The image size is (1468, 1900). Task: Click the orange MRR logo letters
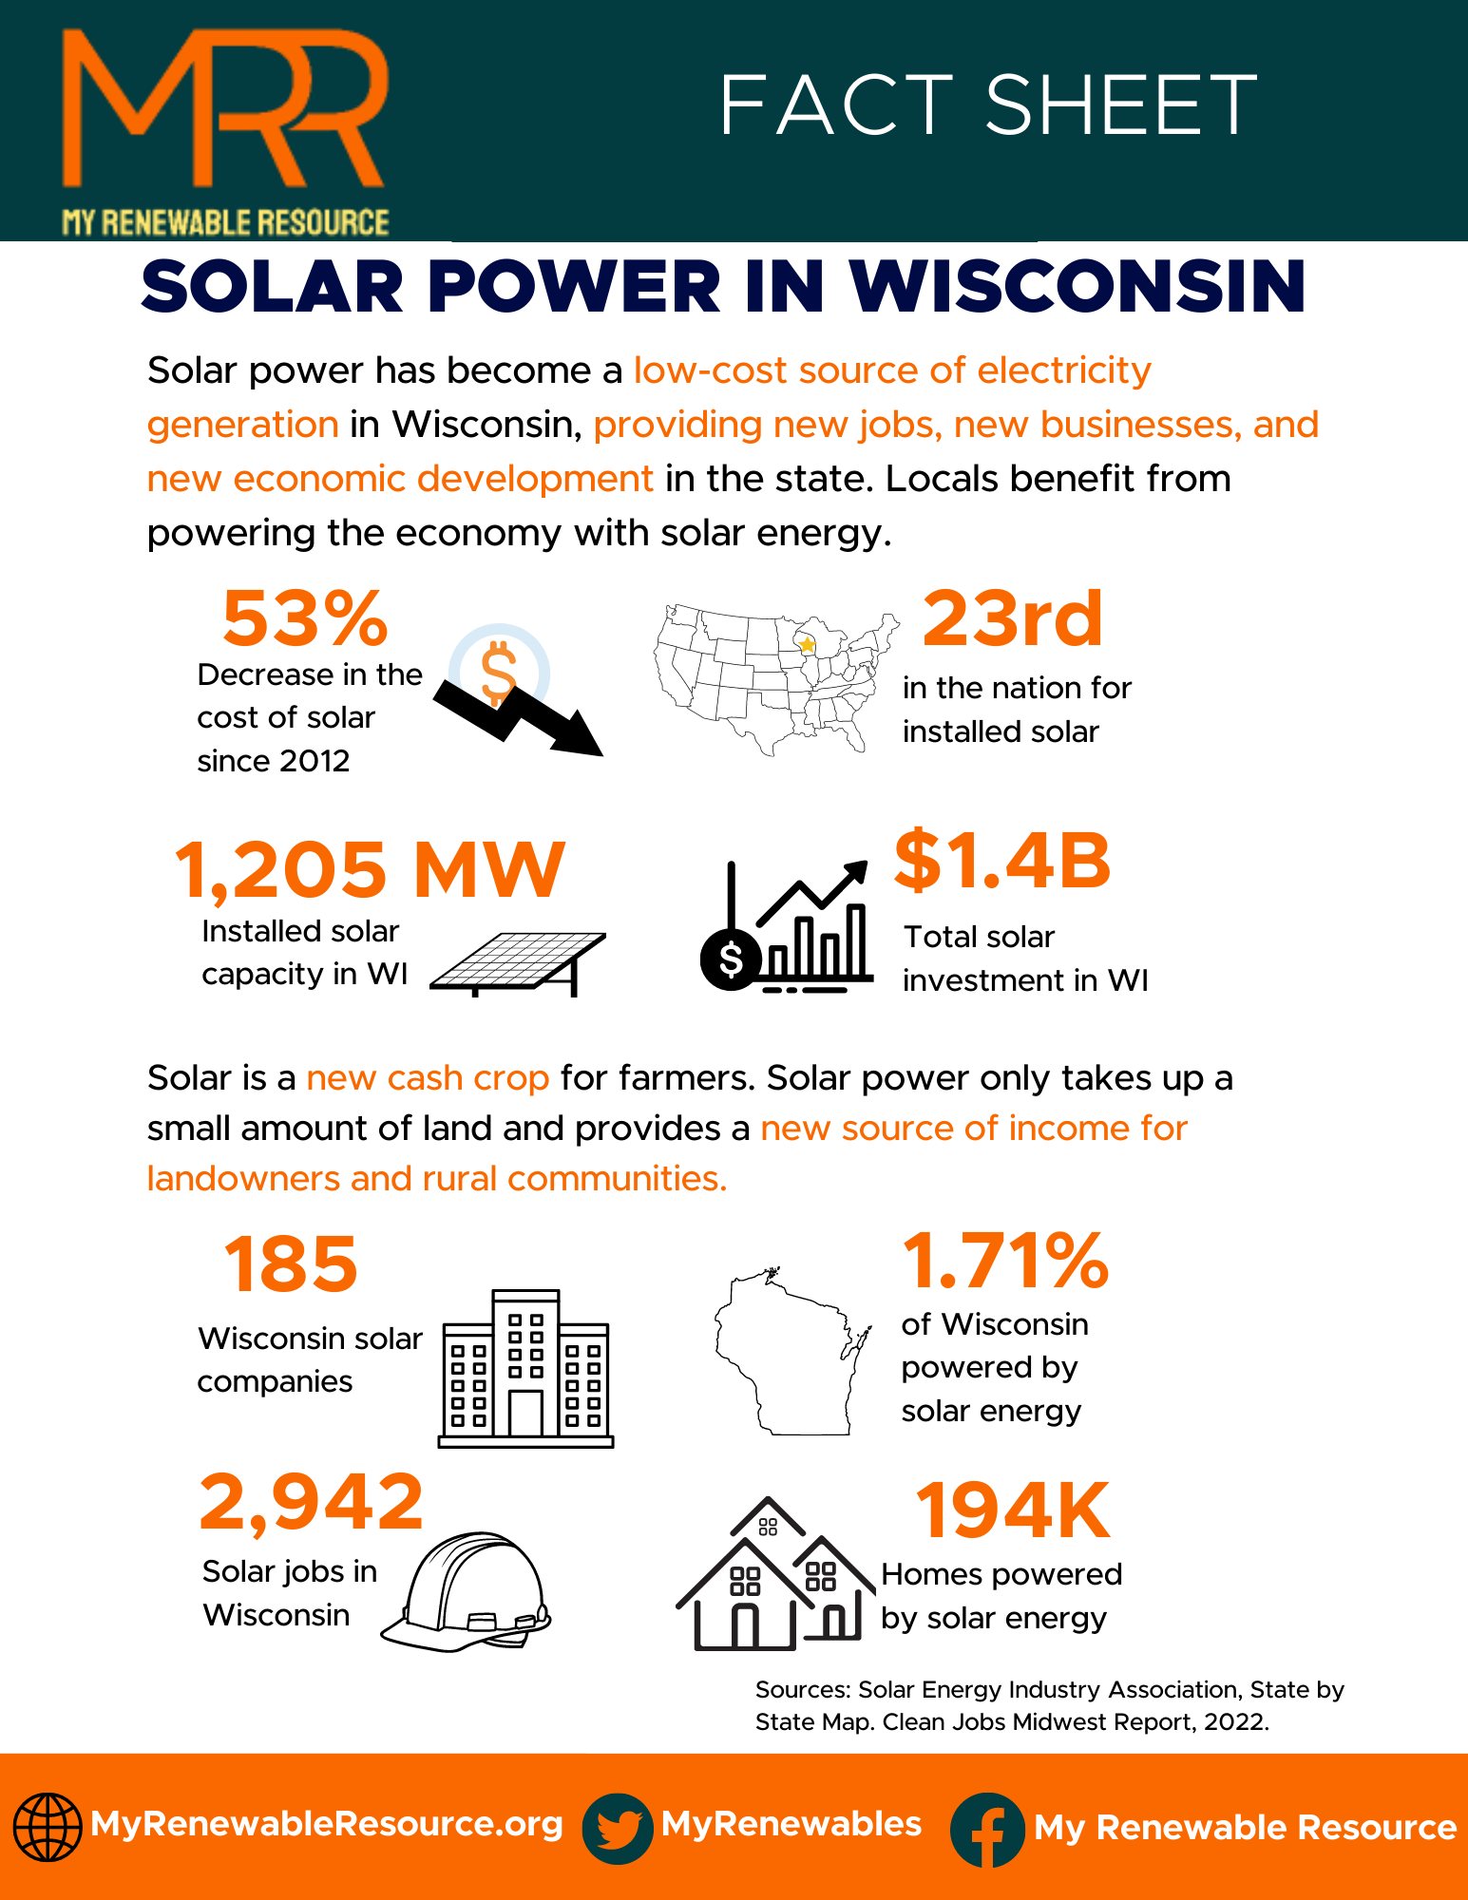tap(224, 109)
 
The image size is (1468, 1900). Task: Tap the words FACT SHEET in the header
tap(988, 105)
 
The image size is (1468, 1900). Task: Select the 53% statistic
tap(305, 618)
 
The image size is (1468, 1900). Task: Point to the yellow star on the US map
tap(807, 645)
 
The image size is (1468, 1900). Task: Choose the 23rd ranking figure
tap(1012, 618)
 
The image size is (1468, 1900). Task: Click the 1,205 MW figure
tap(370, 869)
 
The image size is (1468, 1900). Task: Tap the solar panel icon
tap(518, 962)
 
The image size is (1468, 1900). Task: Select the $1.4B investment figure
tap(1002, 861)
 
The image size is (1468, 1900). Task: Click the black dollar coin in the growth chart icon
tap(731, 959)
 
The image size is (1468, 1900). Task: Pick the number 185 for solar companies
tap(291, 1264)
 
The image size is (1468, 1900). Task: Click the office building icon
tap(526, 1369)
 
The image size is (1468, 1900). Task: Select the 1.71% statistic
tap(1005, 1262)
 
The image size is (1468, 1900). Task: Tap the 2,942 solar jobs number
tap(311, 1502)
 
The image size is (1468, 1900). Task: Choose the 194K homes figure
tap(1012, 1510)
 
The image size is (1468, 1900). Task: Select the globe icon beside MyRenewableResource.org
tap(46, 1826)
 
